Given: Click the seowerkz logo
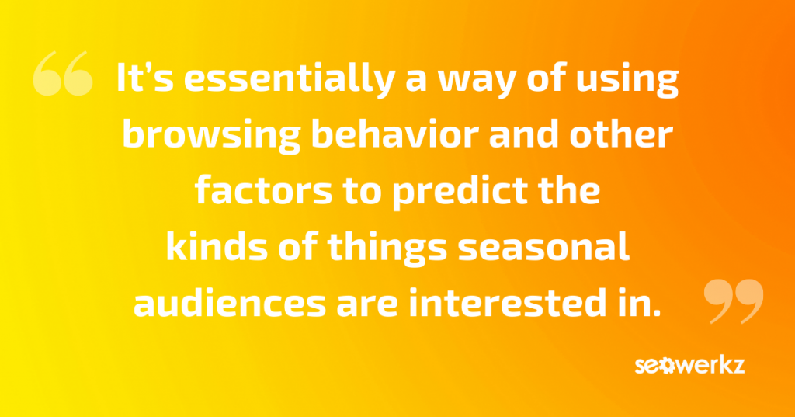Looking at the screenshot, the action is pos(689,366).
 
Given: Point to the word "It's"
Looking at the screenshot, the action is pos(145,78).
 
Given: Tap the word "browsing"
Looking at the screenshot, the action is pos(211,136).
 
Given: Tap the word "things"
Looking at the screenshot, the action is pos(387,248).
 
